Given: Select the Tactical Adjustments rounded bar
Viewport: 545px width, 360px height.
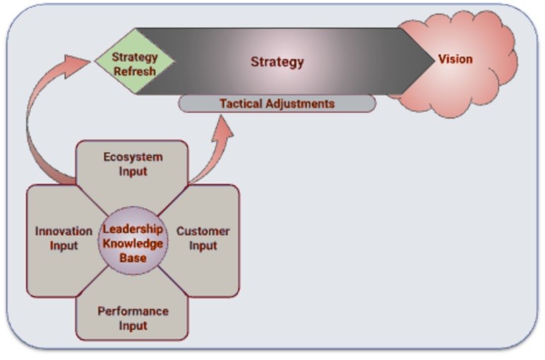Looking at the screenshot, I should [277, 104].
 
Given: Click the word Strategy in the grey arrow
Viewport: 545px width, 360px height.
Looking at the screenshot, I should [277, 62].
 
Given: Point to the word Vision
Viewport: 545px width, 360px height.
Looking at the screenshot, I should [455, 59].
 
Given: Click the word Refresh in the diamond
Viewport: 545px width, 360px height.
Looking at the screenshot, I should [134, 71].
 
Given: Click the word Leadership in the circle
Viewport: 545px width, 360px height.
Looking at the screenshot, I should [133, 229].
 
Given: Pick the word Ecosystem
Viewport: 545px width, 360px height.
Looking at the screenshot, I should [132, 157].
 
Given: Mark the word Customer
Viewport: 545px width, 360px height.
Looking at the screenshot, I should [203, 232].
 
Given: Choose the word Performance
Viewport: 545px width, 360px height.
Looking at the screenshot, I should [133, 311].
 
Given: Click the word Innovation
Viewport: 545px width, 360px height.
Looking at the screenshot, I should [64, 232].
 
